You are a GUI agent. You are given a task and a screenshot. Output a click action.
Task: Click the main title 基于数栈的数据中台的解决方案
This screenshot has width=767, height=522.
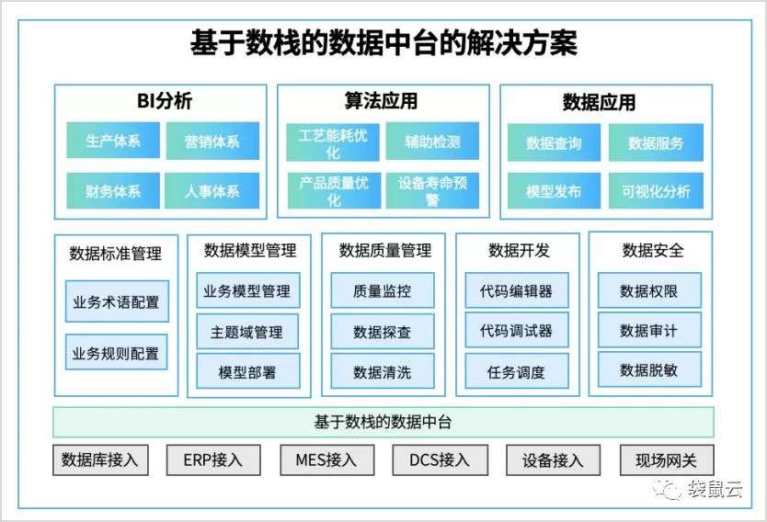point(383,43)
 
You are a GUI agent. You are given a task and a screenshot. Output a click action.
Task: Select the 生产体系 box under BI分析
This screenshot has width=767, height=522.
point(113,141)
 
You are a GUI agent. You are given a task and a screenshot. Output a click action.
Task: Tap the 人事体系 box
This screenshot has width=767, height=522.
point(212,190)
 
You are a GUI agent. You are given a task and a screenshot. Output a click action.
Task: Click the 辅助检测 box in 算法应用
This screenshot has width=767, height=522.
point(432,142)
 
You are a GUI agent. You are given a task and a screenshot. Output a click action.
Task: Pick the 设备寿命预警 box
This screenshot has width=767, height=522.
point(432,190)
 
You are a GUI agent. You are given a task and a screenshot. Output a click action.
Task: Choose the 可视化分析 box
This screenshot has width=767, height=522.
point(656,191)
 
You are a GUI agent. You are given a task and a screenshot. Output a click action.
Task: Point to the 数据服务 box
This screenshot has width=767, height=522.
point(656,142)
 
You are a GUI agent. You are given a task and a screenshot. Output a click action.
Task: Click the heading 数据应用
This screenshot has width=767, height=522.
point(599,103)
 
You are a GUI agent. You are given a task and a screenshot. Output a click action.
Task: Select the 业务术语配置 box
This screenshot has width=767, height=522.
point(117,301)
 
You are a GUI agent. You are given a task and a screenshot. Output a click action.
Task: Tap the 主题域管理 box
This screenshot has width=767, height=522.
point(247,332)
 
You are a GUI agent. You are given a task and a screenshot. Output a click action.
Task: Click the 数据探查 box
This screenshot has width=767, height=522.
point(383,332)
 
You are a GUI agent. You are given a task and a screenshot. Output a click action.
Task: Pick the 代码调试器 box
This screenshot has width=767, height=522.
point(517,331)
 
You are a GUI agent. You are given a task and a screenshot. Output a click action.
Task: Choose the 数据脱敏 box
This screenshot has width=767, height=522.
point(649,370)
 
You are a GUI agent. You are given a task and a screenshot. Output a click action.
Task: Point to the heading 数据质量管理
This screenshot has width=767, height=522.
point(385,251)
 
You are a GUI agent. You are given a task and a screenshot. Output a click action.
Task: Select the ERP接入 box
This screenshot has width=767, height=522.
point(213,460)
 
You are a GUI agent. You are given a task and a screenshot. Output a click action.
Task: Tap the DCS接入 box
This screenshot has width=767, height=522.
point(440,460)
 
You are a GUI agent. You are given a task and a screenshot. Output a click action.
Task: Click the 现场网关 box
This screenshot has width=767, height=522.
point(667,460)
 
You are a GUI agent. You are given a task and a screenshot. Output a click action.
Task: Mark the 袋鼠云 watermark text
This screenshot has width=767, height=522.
point(715,489)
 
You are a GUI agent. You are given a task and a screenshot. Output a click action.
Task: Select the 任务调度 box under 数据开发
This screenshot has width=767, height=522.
point(517,371)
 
